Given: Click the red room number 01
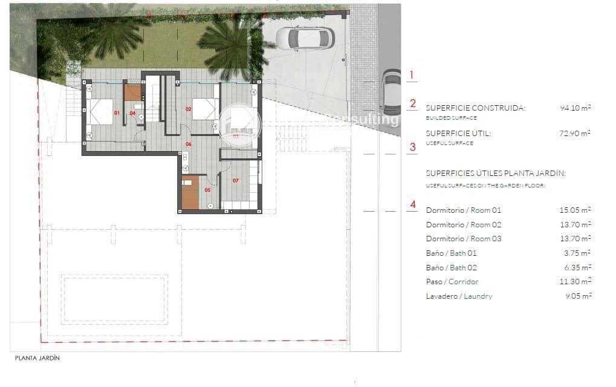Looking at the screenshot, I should coord(116,112).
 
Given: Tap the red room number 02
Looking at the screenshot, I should coord(188,109).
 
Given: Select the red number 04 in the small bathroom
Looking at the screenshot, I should coord(132,112).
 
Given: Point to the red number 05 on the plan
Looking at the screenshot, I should coord(207,190).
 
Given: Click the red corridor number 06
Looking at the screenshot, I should coord(189,145).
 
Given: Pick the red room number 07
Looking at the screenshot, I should coord(235,181).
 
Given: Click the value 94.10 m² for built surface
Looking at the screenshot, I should coord(575,108).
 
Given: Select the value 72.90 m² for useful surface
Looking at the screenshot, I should coord(575,134).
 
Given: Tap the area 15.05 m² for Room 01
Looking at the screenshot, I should coord(575,210).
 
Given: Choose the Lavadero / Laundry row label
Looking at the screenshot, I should coord(459,296).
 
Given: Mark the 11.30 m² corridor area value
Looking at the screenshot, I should coord(575,282).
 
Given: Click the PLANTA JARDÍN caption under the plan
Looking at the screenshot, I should coord(37,358).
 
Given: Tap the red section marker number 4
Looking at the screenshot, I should coord(413,204).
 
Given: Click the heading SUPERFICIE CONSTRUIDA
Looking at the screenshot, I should coord(476,108).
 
